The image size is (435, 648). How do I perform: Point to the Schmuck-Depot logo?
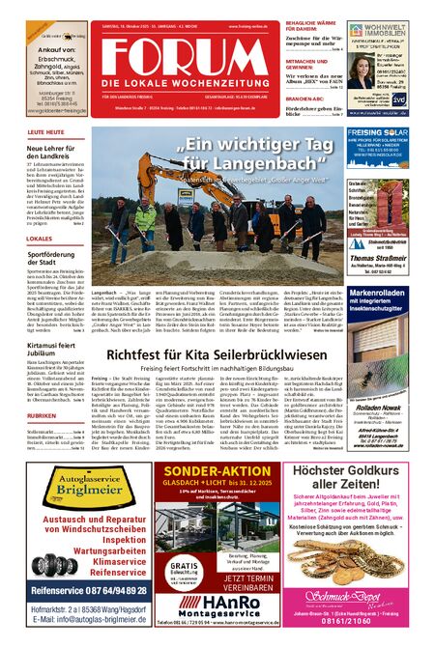359,595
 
